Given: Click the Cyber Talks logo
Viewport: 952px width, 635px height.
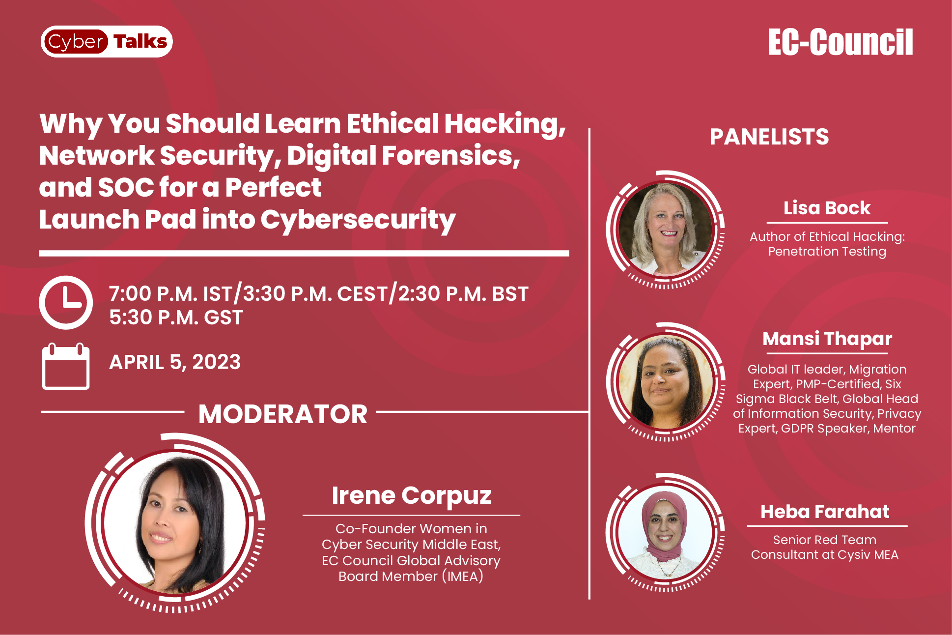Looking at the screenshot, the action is tap(107, 41).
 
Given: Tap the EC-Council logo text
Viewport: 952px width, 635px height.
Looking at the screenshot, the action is tap(840, 42).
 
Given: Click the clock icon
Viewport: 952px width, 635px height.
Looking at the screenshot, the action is tap(66, 302).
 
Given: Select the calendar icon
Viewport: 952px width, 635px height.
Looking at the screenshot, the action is tap(66, 366).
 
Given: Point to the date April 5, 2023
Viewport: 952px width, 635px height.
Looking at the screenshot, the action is tap(175, 362).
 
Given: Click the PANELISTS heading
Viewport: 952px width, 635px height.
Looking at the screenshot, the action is tap(769, 137).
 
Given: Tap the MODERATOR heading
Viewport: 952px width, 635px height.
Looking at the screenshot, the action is tap(283, 414).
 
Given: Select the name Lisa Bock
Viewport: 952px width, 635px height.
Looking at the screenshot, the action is tap(827, 208).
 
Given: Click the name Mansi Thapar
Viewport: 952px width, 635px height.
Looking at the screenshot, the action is tap(827, 339).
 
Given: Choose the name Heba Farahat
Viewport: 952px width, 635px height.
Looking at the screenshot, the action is tap(825, 512).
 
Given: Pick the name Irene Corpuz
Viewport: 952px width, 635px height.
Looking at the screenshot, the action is tap(412, 496).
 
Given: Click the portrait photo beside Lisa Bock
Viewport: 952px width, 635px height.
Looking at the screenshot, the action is tap(666, 229).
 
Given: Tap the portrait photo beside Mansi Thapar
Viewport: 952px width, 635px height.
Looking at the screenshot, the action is tap(666, 381).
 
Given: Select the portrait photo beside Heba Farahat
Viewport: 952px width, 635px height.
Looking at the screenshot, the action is tap(666, 532).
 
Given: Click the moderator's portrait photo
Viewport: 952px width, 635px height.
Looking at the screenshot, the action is tap(175, 523).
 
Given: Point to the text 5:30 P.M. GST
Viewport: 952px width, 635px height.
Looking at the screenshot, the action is tap(176, 317).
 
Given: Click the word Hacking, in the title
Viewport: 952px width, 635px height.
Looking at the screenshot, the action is tap(505, 124).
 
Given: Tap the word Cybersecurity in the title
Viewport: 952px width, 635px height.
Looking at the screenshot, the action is tap(358, 220).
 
